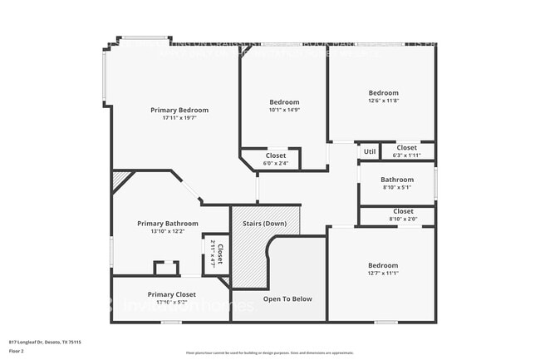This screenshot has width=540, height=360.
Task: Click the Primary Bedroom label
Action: click(179, 110)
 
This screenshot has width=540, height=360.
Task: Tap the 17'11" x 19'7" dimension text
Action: click(179, 118)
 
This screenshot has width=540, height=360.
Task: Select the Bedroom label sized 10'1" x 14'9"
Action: click(284, 102)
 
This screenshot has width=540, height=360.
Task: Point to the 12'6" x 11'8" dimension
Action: click(383, 101)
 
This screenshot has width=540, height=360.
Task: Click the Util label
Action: click(369, 151)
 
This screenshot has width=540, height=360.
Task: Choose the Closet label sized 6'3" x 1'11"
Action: click(406, 148)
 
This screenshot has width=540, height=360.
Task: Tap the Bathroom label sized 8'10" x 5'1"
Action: click(397, 180)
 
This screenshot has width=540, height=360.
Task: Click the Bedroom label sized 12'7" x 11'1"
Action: click(383, 266)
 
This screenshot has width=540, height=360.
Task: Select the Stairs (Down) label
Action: click(264, 224)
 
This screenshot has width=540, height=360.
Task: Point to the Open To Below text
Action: click(287, 298)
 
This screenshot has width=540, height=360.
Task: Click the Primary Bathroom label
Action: click(168, 223)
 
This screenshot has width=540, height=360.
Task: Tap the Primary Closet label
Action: click(172, 294)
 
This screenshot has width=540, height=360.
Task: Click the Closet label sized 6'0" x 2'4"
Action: click(276, 155)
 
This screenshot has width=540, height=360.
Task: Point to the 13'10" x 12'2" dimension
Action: click(168, 231)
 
